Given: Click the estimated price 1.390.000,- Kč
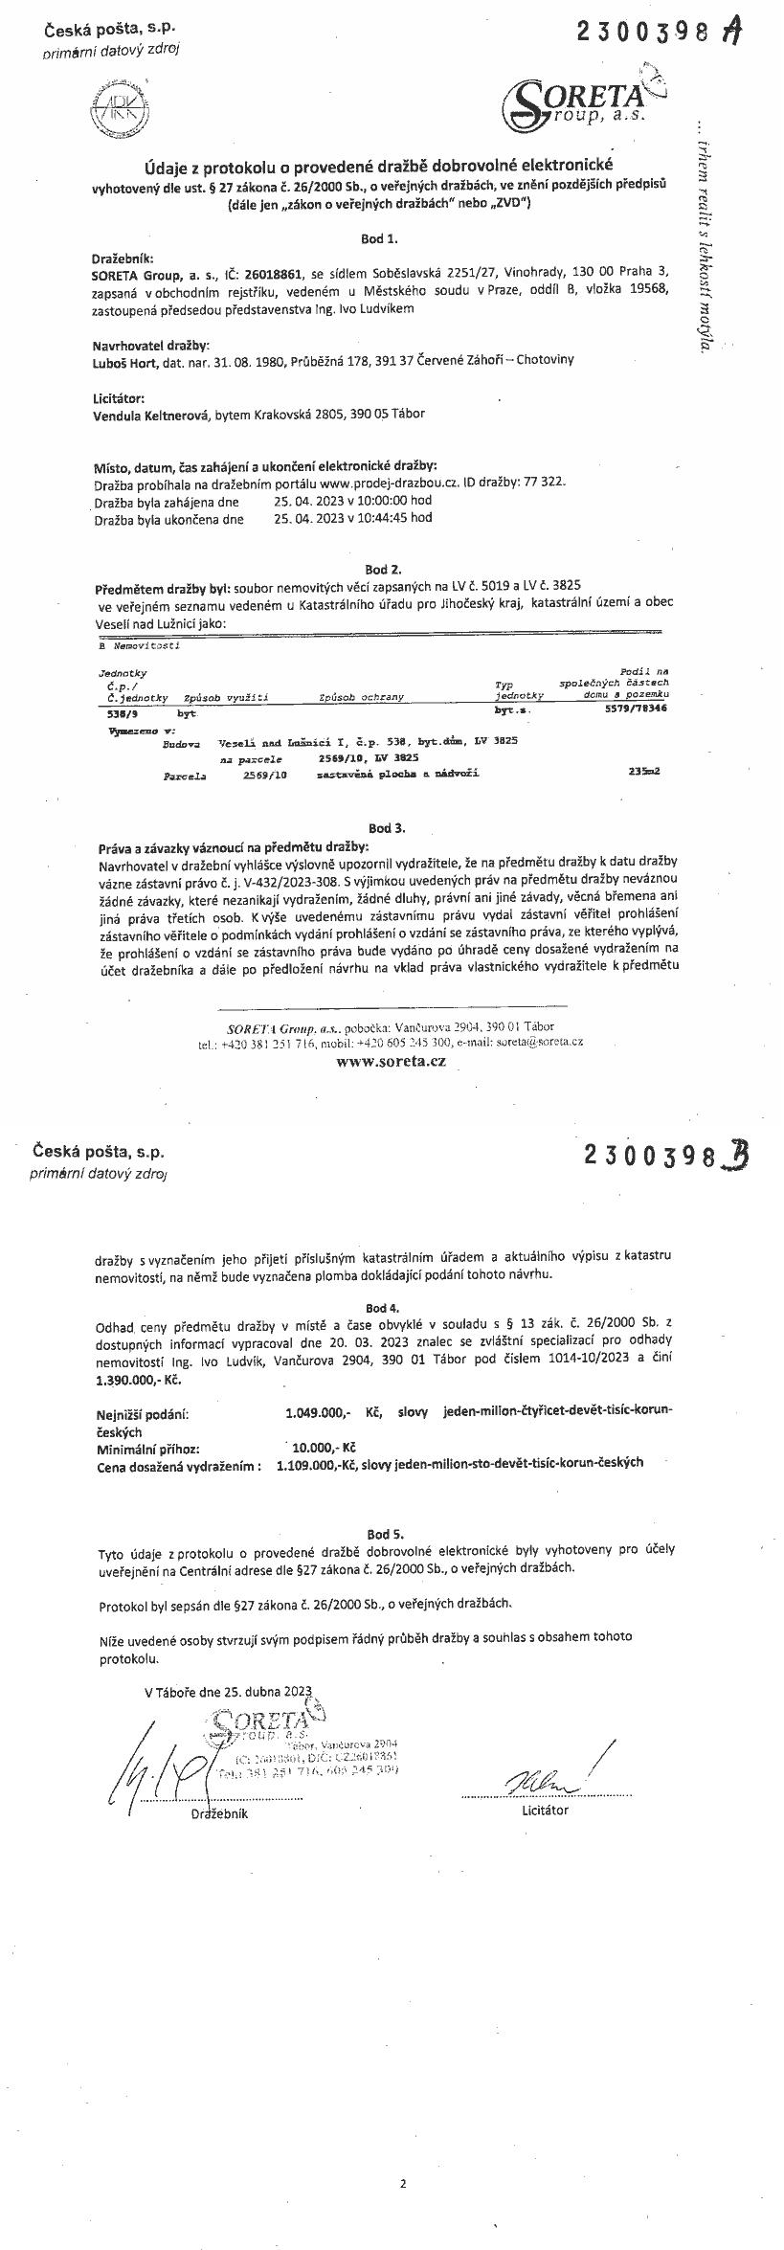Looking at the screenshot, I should [x=138, y=1380].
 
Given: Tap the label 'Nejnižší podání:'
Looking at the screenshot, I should [x=142, y=1413].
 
